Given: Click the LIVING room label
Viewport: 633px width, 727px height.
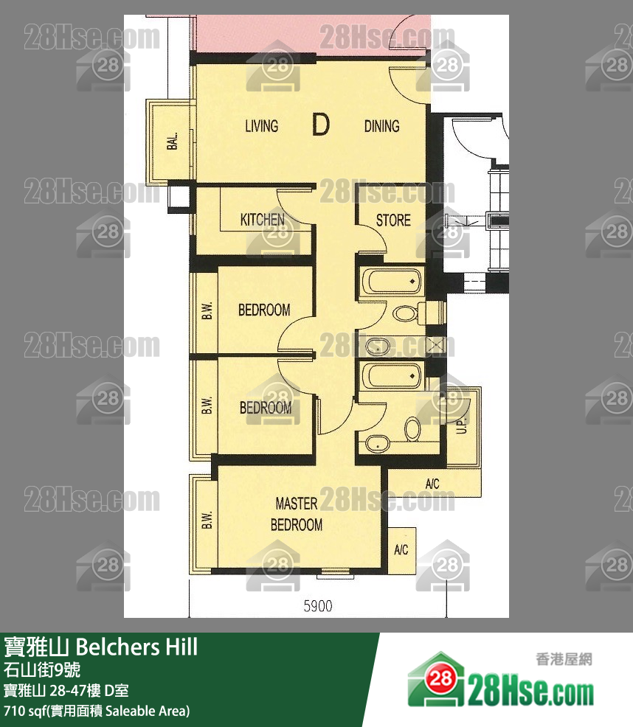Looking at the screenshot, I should (x=261, y=126).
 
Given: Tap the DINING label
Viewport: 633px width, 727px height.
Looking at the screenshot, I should (x=381, y=126).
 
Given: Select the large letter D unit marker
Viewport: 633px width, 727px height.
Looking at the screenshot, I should (x=320, y=125).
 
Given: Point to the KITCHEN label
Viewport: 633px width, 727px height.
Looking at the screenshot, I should (x=262, y=220).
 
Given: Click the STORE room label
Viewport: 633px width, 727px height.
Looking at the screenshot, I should (x=393, y=220).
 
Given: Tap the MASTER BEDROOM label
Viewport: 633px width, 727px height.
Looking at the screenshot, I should (x=297, y=514).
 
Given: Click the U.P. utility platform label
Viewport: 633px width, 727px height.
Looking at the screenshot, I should (x=462, y=424).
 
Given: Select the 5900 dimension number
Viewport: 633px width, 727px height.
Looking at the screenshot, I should (x=318, y=606).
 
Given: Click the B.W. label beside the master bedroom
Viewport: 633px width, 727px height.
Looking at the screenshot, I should (x=206, y=520).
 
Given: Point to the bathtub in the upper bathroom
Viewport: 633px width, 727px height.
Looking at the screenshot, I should (x=390, y=282).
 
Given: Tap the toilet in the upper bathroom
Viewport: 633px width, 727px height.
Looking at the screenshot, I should (x=404, y=313).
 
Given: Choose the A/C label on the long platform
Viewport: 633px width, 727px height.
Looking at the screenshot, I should (x=432, y=484).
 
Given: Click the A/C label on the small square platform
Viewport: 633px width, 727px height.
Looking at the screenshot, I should (x=401, y=550).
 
